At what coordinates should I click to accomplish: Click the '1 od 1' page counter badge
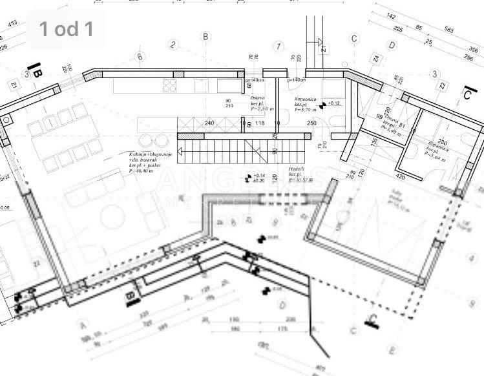67,28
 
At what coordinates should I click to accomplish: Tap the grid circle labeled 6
140,57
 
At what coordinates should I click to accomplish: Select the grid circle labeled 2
173,45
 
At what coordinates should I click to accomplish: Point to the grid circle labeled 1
279,47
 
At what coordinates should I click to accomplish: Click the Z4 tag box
376,59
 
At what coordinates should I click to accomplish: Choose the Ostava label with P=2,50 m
261,103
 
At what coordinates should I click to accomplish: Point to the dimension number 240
209,123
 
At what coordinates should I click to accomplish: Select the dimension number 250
312,123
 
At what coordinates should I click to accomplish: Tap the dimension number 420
401,176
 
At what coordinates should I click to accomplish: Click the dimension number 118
260,123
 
